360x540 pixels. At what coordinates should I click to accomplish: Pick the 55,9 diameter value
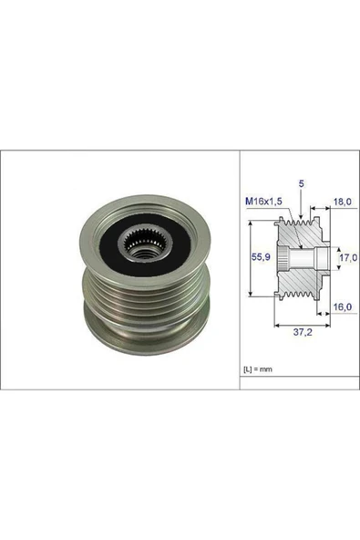tap(260, 258)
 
